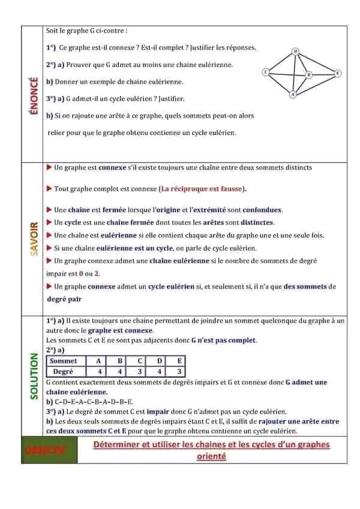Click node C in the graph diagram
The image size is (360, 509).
pos(265,72)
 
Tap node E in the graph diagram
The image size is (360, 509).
pos(338,73)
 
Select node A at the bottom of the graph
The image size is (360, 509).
pos(293,95)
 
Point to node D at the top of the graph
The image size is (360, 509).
pos(295,52)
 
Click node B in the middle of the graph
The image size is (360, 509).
pos(309,74)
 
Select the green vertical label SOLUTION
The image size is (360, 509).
pos(34,375)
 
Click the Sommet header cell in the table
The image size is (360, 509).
pos(64,361)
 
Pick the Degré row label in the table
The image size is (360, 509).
pos(64,372)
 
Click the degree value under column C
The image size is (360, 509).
pos(139,372)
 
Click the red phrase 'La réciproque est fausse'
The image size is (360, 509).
pos(203,189)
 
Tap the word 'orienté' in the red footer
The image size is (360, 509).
pos(211,456)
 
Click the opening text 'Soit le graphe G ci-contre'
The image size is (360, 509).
pos(86,30)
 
